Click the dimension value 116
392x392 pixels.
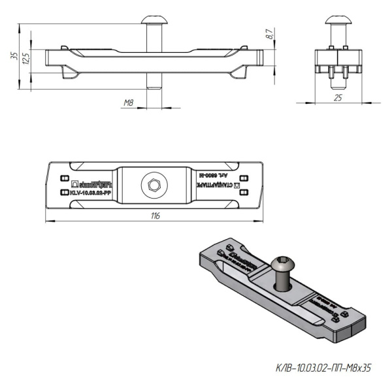(155, 216)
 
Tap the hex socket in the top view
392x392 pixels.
(154, 186)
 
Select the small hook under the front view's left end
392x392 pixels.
(67, 72)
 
